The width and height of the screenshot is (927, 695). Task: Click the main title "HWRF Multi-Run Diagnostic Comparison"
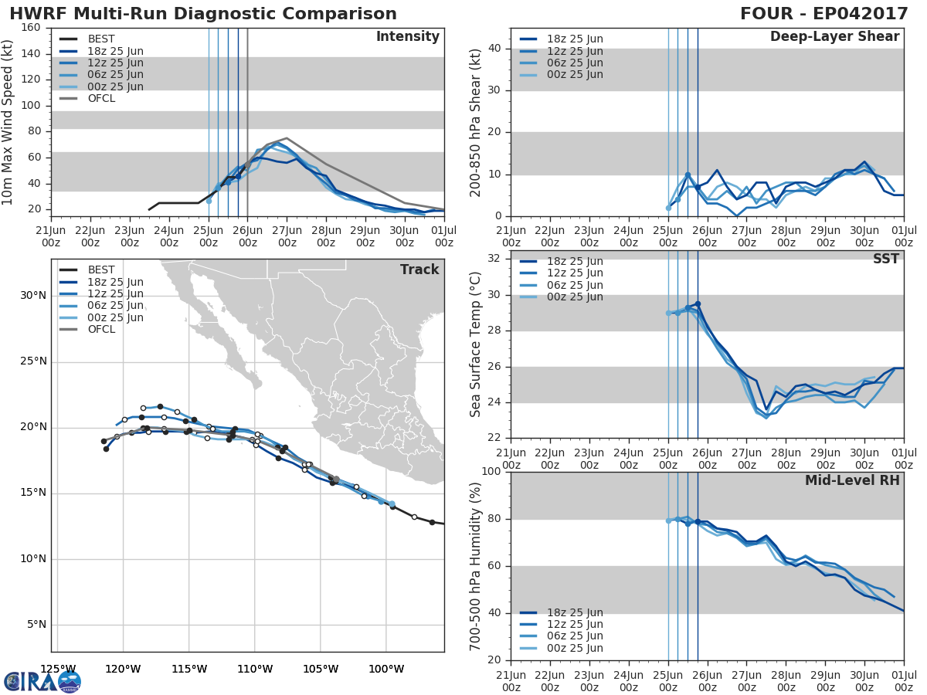coord(203,14)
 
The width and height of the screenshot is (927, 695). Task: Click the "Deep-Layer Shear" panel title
coord(834,37)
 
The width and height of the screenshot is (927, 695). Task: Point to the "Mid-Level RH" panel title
coord(852,480)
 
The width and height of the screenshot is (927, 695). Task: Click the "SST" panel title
coord(886,259)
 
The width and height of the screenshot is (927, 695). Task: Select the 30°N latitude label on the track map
coord(32,295)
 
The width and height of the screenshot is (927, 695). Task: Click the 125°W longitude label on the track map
coord(58,669)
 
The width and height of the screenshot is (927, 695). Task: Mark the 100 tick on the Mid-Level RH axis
coord(491,472)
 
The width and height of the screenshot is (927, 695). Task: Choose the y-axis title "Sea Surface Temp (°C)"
coord(476,344)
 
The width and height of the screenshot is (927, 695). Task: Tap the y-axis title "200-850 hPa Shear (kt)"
coord(476,122)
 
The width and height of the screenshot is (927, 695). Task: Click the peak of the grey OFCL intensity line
coord(287,138)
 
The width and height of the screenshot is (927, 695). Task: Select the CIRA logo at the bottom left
coord(42,682)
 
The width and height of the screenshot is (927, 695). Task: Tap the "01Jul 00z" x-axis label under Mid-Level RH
coord(904,680)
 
